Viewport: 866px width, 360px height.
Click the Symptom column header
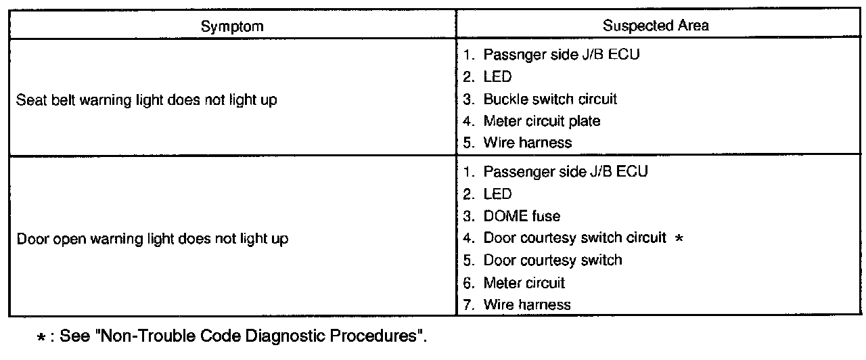coord(232,26)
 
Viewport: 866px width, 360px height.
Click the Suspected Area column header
coord(656,26)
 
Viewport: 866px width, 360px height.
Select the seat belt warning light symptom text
coord(146,100)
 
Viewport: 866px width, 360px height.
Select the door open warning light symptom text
coord(152,239)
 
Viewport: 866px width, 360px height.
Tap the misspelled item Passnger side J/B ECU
coord(561,55)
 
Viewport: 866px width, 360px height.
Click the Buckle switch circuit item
coord(549,99)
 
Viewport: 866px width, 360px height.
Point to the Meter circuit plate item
coord(541,121)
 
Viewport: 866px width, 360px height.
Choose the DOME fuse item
coord(522,217)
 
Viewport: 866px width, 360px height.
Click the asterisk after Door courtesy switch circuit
coord(681,239)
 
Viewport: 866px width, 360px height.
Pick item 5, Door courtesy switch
coord(552,261)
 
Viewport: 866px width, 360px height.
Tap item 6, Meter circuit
coord(524,283)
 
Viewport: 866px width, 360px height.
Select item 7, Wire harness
coord(526,305)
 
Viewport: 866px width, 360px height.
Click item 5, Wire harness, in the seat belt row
coord(527,143)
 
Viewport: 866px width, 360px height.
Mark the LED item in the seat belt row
coord(497,77)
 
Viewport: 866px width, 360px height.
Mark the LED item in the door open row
coord(497,194)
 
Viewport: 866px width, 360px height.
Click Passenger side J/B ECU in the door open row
coord(565,172)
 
